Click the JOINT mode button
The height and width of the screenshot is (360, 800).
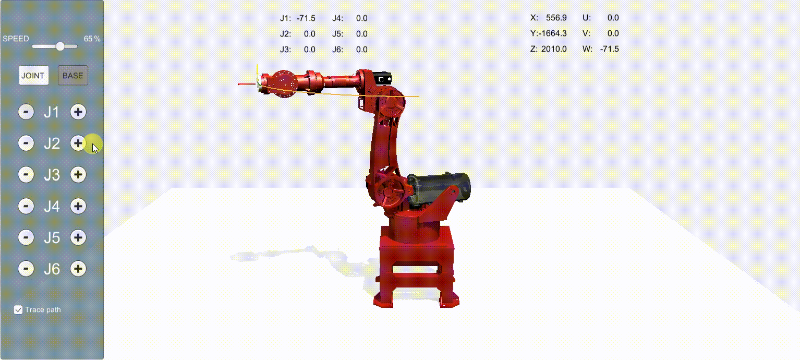(33, 75)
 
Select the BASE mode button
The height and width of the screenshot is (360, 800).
(73, 75)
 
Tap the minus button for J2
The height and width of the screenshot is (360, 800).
(26, 143)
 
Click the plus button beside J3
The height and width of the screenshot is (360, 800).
(78, 175)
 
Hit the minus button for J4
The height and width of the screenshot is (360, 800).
(26, 206)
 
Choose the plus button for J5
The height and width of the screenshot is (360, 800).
(78, 237)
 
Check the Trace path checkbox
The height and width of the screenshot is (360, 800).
(18, 309)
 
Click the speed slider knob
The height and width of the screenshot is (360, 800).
(60, 46)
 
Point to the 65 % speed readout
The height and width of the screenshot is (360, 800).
(92, 39)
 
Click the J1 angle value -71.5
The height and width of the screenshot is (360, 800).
(306, 18)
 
